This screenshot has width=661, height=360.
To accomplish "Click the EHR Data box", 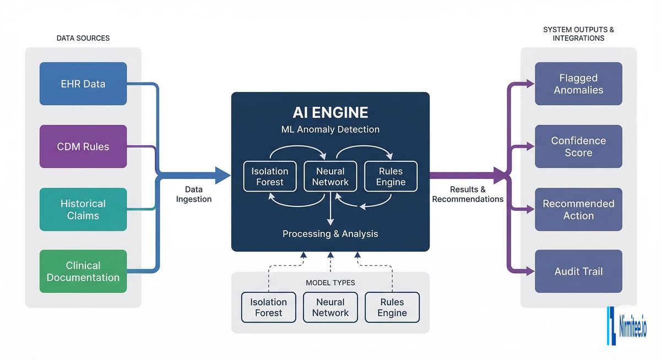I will (x=83, y=84).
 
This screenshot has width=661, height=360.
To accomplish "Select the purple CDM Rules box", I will (x=83, y=146).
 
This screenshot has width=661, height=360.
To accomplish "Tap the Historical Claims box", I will (x=83, y=209).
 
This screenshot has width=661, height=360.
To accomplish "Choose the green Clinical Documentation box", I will (x=83, y=271).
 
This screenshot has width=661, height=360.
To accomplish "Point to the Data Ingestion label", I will (x=193, y=194).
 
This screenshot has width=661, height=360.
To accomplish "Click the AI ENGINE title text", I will (x=330, y=112).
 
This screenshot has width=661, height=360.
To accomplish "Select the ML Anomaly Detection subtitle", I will (x=330, y=130).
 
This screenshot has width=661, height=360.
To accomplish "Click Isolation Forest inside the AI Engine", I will (x=270, y=176).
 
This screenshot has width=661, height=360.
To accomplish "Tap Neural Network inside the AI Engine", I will (x=330, y=176).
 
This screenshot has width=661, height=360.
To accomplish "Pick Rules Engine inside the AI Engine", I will (x=391, y=176).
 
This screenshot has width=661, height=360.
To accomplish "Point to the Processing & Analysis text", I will (x=330, y=234).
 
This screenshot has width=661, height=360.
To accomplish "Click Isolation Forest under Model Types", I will (x=269, y=307).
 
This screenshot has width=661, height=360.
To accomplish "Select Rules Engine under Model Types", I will (x=392, y=307).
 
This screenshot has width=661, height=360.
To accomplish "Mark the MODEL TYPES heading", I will (x=330, y=283).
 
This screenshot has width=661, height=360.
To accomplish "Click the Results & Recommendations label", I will (x=468, y=194).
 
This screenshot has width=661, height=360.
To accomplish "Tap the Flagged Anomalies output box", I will (x=578, y=84).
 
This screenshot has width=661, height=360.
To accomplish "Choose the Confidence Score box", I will (x=578, y=146).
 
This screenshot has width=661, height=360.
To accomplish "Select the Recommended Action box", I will (x=578, y=209).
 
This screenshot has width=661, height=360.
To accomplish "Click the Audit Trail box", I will (x=578, y=271).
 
